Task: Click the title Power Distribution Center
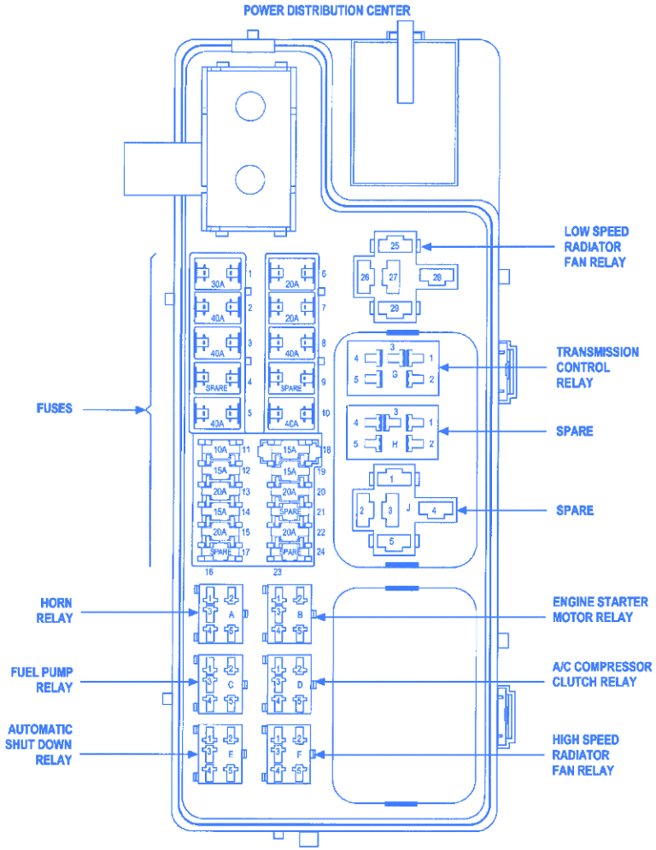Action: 326,10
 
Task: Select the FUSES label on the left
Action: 53,408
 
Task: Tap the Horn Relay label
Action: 55,611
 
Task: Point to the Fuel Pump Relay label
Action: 42,679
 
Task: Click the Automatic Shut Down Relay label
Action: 40,744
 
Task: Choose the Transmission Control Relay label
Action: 597,367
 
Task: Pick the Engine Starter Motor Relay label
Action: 600,610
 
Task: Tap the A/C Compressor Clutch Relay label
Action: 601,674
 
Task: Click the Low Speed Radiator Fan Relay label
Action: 595,247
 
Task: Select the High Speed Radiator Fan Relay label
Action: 585,755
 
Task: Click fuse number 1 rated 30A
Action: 217,276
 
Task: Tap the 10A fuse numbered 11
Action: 220,450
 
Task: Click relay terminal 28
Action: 437,278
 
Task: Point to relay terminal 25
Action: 394,246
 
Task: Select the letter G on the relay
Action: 395,374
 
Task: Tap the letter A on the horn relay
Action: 231,613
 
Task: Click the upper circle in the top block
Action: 249,107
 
